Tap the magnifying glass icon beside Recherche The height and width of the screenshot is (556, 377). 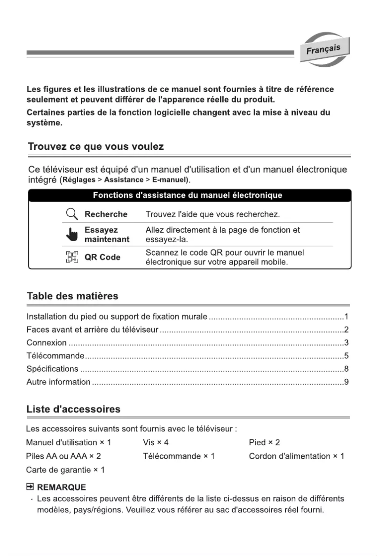(x=71, y=215)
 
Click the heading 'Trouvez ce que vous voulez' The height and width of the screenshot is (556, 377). (x=96, y=147)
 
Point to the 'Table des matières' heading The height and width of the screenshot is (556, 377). (x=72, y=296)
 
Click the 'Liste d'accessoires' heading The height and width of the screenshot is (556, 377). (x=73, y=409)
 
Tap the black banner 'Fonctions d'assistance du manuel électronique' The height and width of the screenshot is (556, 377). (x=188, y=195)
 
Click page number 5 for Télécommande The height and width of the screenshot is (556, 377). (x=346, y=355)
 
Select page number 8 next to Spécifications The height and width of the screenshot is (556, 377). (x=346, y=368)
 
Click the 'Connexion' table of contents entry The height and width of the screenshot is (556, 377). (x=47, y=342)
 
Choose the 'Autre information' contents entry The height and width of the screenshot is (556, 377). (x=58, y=382)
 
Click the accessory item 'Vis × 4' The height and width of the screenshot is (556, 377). (x=156, y=443)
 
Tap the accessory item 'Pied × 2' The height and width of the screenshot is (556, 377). (x=264, y=443)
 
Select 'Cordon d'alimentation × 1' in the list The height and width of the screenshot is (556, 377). (x=296, y=456)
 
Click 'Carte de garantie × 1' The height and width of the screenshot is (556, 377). (x=65, y=470)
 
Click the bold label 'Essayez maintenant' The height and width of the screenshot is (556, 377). (x=107, y=235)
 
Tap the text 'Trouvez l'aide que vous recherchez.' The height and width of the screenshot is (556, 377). (x=212, y=215)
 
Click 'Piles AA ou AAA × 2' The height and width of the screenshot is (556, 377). (x=63, y=456)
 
